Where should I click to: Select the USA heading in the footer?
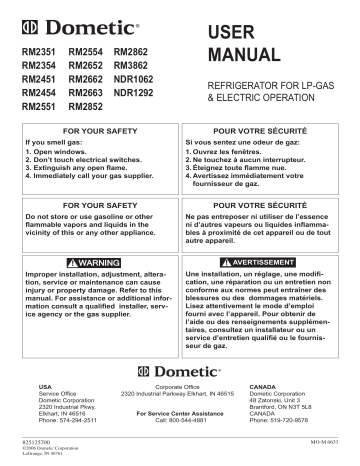[44, 384]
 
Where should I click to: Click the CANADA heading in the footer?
[264, 384]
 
